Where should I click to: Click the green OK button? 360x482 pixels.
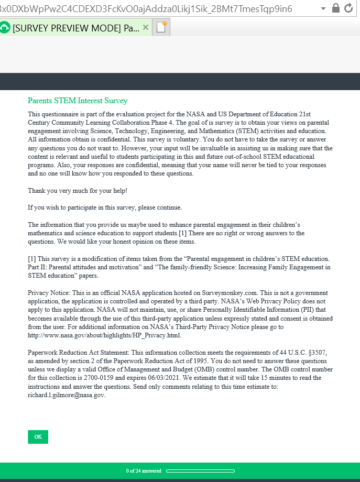click(x=38, y=437)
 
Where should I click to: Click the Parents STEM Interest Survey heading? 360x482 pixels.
click(x=78, y=101)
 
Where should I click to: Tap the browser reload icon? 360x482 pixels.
click(x=349, y=8)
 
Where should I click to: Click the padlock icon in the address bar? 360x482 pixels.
click(x=336, y=8)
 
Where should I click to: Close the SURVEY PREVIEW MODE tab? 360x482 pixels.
click(x=146, y=27)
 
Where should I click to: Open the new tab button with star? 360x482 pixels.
click(x=161, y=27)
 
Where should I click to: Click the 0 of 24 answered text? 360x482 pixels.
click(x=144, y=470)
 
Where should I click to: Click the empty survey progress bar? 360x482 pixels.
click(x=200, y=470)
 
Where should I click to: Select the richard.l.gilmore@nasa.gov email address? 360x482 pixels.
click(x=67, y=395)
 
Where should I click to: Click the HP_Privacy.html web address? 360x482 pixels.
click(x=104, y=335)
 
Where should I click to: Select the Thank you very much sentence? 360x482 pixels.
click(x=78, y=190)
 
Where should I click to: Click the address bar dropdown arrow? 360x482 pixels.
click(x=323, y=9)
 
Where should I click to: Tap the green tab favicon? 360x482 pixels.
click(x=5, y=27)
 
